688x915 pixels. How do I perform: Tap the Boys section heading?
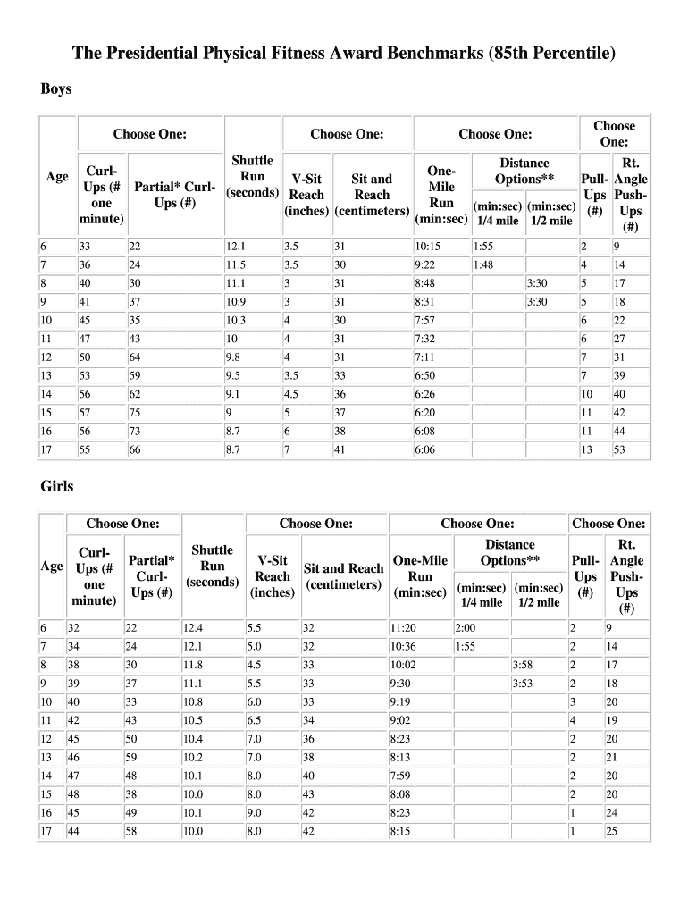click(56, 89)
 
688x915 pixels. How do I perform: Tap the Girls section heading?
click(56, 486)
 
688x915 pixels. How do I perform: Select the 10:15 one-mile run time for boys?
click(427, 246)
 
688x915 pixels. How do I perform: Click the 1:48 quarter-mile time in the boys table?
click(483, 264)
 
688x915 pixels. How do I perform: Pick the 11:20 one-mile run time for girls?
click(404, 627)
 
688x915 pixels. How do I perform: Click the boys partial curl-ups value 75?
click(135, 413)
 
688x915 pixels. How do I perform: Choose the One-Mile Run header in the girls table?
click(420, 576)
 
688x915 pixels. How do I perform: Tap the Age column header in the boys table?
click(56, 177)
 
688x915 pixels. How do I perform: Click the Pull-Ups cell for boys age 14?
click(586, 394)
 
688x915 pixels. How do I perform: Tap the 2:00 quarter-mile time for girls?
click(465, 627)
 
